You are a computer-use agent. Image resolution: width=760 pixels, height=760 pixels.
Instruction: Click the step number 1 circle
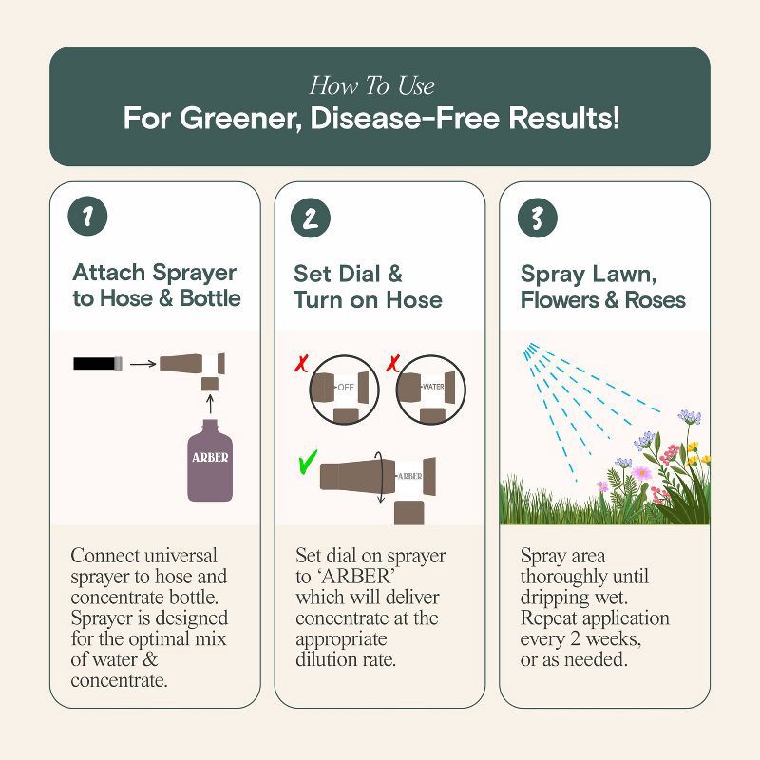click(87, 218)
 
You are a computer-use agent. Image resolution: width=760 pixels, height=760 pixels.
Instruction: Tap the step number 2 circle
click(309, 218)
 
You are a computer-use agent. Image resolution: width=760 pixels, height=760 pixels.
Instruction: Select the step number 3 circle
click(537, 218)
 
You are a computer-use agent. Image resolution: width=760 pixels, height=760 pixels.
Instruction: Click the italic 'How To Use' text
click(371, 86)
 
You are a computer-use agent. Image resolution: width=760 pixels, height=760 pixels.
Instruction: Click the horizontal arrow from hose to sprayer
click(142, 362)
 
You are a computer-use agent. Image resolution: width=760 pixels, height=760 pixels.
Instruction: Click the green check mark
click(306, 464)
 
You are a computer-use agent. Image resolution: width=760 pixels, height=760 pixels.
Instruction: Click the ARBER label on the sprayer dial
click(409, 475)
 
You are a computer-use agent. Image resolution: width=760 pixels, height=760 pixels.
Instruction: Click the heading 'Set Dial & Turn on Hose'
click(367, 287)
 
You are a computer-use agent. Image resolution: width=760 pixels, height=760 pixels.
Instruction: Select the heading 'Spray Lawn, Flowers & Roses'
click(602, 287)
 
